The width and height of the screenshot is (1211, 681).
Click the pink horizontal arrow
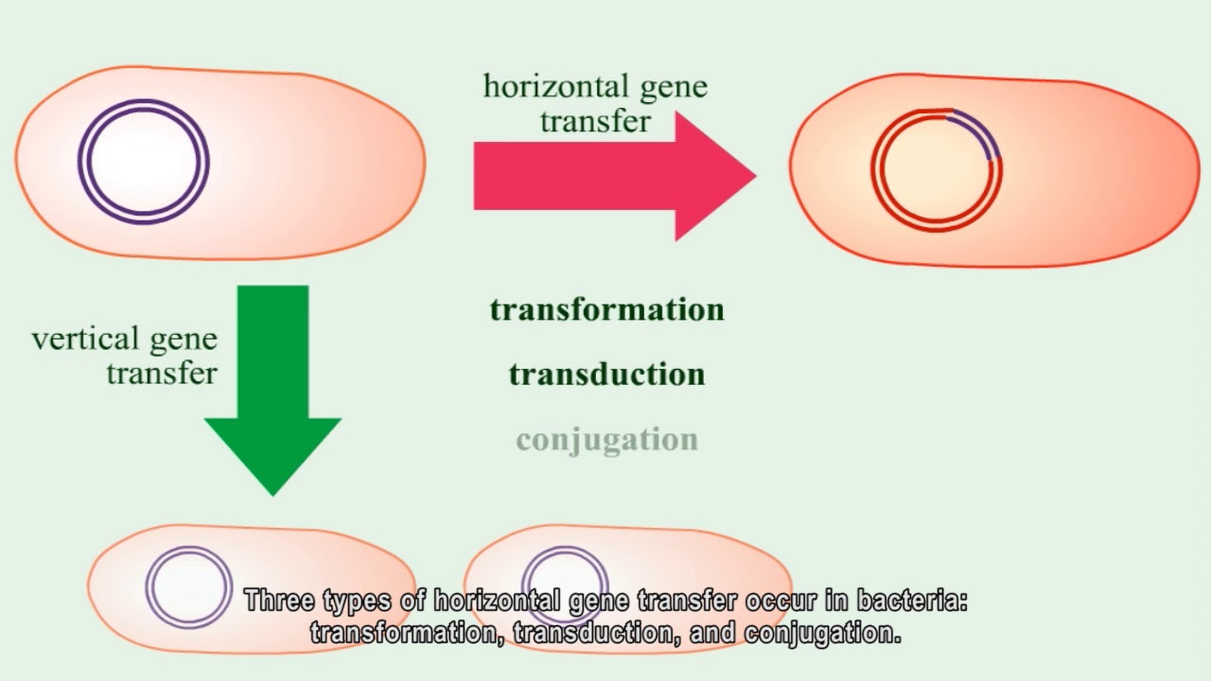coord(615,176)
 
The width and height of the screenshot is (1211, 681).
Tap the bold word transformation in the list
coord(607,309)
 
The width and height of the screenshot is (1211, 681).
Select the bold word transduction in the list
coord(607,375)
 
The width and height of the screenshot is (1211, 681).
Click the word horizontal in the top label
coord(557,86)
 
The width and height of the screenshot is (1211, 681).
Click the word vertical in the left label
coord(86,339)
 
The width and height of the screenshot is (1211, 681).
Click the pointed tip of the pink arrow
coord(756,175)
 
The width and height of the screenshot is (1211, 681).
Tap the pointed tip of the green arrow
coord(273,496)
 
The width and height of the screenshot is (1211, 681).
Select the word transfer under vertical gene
coord(162,373)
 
